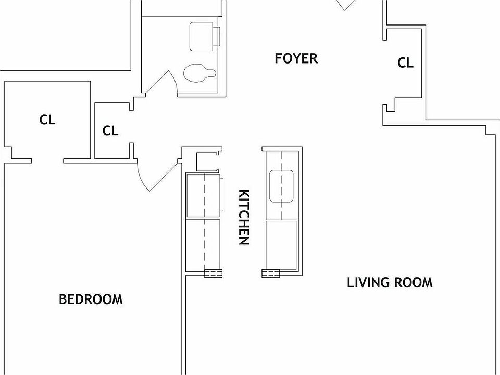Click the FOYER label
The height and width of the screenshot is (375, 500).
(296, 58)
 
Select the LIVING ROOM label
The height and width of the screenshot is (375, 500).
(390, 283)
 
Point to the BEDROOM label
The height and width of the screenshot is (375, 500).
(91, 299)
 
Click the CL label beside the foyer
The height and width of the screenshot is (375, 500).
(405, 63)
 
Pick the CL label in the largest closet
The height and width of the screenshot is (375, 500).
(47, 120)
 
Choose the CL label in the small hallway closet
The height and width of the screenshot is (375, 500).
(110, 130)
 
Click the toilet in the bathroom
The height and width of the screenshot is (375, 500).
(198, 73)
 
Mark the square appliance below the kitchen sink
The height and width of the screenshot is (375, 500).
(281, 245)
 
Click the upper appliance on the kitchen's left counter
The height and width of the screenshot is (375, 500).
(204, 196)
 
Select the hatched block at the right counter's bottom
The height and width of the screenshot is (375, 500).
(270, 273)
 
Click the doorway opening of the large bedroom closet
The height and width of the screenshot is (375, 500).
(47, 160)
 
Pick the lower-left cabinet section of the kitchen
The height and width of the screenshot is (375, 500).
(204, 245)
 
